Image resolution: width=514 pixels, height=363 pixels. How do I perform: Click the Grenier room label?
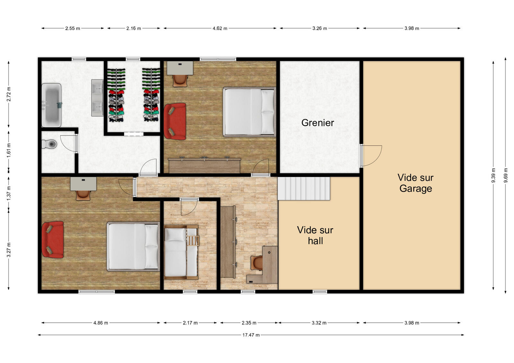[318, 123]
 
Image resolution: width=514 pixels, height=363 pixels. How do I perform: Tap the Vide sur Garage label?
[416, 183]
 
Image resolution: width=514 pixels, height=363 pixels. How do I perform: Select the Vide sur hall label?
[315, 235]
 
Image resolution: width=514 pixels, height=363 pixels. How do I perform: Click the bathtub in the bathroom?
[51, 105]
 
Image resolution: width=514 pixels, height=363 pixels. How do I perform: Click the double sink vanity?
[97, 98]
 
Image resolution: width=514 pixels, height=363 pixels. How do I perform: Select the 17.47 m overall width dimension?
[251, 335]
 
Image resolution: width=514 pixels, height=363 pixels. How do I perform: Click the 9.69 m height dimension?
[506, 175]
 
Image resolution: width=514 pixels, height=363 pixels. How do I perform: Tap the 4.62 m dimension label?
[220, 29]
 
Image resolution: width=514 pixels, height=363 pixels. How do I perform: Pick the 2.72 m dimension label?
[8, 94]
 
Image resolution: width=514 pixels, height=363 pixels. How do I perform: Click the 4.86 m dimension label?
[101, 323]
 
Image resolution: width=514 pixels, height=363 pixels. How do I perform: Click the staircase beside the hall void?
[304, 189]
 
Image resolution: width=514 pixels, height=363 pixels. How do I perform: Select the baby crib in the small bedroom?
[181, 252]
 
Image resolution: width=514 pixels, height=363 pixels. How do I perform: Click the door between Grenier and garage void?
[371, 156]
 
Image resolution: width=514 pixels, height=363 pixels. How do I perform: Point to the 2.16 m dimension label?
[134, 29]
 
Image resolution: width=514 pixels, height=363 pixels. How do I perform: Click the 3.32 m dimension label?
[319, 323]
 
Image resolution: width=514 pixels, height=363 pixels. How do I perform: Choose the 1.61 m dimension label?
[8, 150]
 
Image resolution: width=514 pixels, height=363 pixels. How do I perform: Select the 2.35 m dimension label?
[249, 323]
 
